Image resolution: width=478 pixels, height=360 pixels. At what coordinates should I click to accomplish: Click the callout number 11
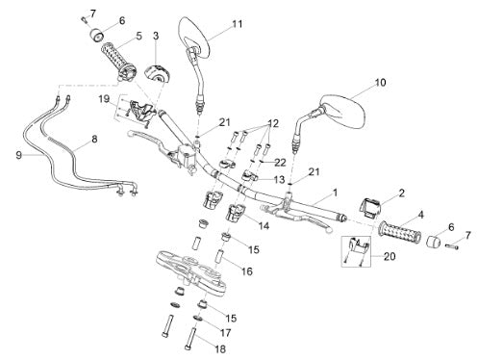pos(238,24)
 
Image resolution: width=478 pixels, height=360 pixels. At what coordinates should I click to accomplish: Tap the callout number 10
pos(380,83)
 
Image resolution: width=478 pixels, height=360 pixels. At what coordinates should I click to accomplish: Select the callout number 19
pos(104,99)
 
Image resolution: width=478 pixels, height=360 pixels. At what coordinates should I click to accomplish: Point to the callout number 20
pos(390,256)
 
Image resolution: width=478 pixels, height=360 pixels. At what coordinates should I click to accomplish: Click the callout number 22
pos(280,163)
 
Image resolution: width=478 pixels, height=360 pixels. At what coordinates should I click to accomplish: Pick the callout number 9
pos(19,155)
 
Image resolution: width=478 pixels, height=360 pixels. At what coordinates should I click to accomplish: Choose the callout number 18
pos(220,348)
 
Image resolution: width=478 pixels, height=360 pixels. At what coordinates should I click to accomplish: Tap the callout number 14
pos(264,226)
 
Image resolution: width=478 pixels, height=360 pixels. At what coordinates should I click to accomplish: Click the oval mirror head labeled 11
pos(194,37)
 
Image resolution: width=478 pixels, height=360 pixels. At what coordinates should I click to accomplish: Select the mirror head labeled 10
pos(342,112)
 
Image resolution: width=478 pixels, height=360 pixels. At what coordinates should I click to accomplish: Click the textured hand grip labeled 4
pos(400,234)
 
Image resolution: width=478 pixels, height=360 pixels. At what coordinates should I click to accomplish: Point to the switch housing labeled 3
pos(156,74)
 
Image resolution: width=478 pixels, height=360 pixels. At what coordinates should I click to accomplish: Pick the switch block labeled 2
pos(371,207)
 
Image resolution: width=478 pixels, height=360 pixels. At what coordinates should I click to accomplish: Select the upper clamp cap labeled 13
pos(249,176)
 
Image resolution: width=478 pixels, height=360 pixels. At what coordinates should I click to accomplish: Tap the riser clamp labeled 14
pos(236,213)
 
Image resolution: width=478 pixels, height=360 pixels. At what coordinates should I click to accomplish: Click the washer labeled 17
pos(197,319)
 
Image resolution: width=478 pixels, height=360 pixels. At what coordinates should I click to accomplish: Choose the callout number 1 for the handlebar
pos(335,193)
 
